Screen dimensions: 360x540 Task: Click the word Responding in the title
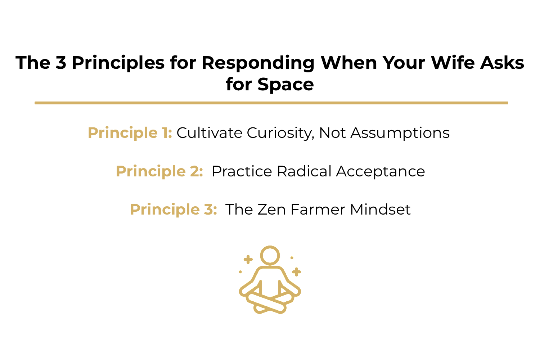point(258,63)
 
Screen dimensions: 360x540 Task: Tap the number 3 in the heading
point(61,63)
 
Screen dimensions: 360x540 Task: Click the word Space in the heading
point(285,85)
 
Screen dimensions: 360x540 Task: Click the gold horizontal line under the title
point(271,103)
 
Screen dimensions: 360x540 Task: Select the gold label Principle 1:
point(130,133)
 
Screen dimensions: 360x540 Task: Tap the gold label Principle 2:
point(159,171)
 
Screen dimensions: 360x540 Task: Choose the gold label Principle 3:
point(173,210)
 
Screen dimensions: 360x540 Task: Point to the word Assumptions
point(400,133)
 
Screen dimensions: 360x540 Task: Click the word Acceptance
point(381,171)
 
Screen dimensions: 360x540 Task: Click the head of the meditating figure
point(270,255)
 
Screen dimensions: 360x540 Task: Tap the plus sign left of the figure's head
point(248,259)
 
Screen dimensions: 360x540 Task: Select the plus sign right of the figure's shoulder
point(296,272)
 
